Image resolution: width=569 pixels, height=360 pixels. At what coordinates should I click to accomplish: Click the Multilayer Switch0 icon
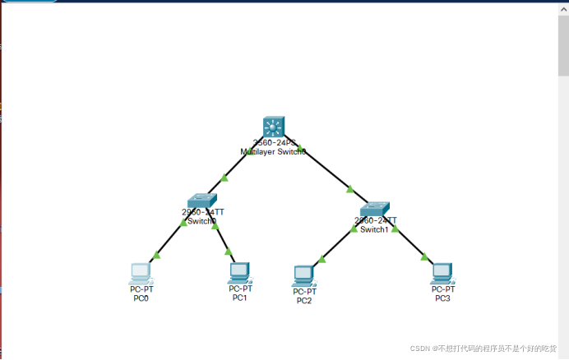(273, 127)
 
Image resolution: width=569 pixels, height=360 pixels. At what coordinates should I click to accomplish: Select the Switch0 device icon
(201, 201)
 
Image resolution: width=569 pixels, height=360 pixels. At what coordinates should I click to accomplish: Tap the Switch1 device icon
(376, 208)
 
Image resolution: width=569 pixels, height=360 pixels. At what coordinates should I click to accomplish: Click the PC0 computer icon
(141, 273)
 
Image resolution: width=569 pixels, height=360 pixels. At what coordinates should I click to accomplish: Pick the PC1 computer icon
(239, 272)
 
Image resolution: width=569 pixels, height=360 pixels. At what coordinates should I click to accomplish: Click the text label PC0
(141, 298)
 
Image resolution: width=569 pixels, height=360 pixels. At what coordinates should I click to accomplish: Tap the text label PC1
(239, 298)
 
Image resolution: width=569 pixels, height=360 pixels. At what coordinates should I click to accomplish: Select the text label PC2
(304, 301)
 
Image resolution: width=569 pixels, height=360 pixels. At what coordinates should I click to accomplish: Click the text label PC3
(442, 298)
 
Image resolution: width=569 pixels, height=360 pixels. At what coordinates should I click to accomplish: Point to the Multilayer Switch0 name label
(273, 152)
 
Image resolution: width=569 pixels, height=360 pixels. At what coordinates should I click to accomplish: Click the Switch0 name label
(201, 221)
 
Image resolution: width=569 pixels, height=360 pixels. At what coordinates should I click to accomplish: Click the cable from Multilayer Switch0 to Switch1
(329, 173)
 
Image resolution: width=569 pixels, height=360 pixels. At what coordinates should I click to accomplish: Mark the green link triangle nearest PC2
(322, 260)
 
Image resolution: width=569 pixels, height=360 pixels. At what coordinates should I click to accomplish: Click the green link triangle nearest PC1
(229, 252)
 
